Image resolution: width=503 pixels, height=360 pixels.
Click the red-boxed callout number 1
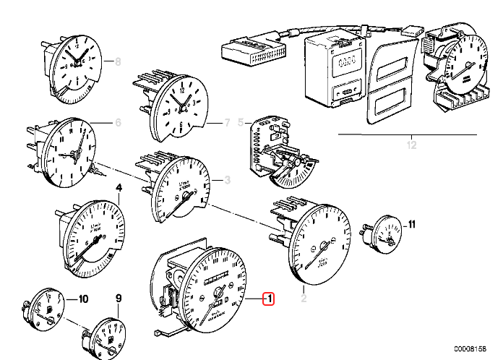268,298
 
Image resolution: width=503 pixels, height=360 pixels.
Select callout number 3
227,180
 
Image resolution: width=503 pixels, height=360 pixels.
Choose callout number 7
227,123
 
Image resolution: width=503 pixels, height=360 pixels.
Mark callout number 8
119,62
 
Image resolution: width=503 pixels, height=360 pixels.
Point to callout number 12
413,147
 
